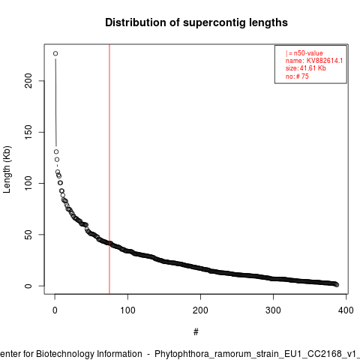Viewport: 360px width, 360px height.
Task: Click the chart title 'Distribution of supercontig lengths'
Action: click(x=196, y=22)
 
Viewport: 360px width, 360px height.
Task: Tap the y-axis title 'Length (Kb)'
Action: click(x=7, y=169)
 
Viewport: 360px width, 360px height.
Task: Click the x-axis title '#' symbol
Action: click(x=196, y=332)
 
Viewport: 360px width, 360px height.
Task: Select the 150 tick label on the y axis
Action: click(x=28, y=132)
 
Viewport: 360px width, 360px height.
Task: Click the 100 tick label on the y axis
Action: click(x=28, y=183)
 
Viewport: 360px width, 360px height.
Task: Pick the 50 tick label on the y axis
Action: click(x=28, y=235)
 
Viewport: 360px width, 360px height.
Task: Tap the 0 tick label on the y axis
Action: click(x=28, y=286)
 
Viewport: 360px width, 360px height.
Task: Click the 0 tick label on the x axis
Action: click(x=55, y=310)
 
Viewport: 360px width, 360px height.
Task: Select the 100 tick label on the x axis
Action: click(x=127, y=310)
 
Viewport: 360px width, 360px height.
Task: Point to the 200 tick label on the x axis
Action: click(x=200, y=310)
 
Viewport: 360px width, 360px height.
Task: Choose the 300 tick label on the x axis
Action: click(x=273, y=310)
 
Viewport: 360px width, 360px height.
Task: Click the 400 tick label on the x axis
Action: click(x=346, y=310)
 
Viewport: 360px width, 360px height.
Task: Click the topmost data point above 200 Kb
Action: click(x=55, y=53)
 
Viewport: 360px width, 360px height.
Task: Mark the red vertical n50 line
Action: click(x=109, y=169)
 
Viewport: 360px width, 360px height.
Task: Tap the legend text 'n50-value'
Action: click(x=308, y=53)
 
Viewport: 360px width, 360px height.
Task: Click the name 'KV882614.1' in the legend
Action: click(x=325, y=61)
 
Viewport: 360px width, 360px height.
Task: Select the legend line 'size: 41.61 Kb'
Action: click(x=306, y=68)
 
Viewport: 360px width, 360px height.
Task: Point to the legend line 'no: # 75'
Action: click(x=297, y=76)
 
